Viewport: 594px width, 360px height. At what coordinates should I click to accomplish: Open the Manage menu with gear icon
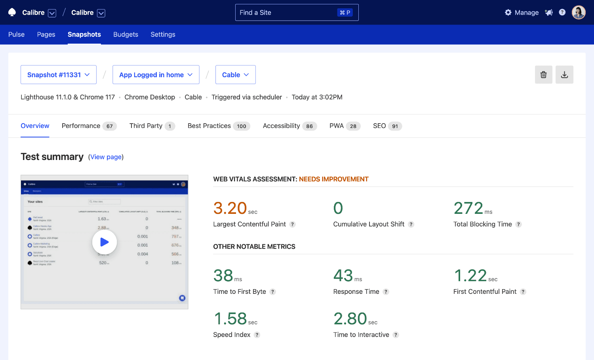pos(522,13)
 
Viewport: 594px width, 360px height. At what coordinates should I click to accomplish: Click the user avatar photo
pos(578,13)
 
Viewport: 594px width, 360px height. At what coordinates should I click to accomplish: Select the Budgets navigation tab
pos(126,34)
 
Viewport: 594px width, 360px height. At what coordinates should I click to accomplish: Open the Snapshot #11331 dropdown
pos(59,75)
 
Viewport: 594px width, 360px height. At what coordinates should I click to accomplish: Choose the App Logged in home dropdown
pos(156,75)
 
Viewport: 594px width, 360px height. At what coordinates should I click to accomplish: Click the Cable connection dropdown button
pos(235,75)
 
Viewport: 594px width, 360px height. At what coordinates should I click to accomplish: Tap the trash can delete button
pos(543,75)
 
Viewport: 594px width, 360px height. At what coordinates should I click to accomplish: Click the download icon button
pos(564,75)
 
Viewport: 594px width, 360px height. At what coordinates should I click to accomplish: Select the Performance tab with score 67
pos(89,126)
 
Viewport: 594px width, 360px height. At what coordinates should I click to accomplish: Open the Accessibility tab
pos(289,126)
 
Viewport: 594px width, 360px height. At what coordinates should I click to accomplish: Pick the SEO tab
pos(387,126)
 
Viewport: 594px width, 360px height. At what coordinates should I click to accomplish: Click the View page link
pos(106,157)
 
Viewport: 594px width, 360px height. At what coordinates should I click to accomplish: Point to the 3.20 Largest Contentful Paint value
pos(230,208)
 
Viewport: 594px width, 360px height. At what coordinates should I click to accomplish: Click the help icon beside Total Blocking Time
pos(518,225)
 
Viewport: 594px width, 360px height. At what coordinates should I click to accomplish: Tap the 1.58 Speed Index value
pos(230,319)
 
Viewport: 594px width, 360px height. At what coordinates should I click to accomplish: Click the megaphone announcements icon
pos(548,13)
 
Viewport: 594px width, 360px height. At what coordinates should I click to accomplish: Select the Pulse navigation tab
pos(16,34)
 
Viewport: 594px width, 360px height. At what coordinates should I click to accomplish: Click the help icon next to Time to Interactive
pos(396,335)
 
